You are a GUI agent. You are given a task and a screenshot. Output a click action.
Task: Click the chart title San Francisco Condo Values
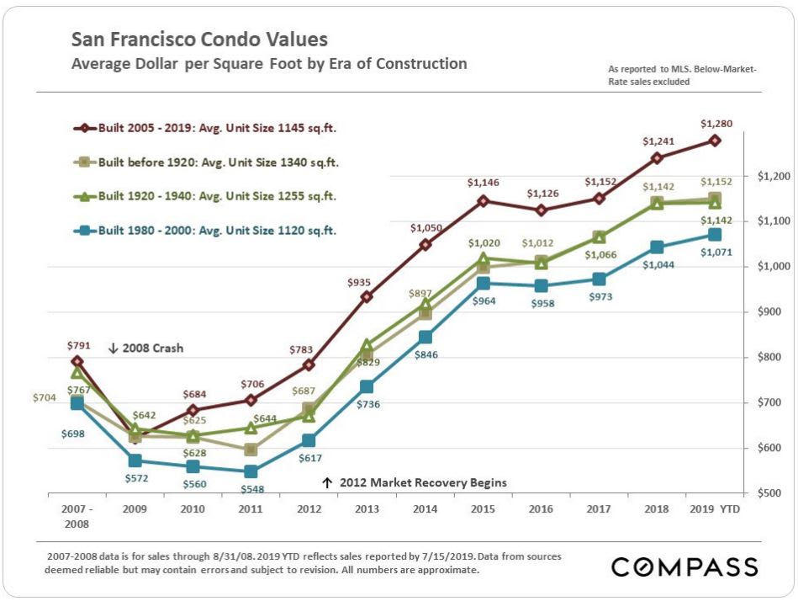click(199, 40)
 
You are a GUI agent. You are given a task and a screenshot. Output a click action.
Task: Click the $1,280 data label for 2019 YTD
click(716, 124)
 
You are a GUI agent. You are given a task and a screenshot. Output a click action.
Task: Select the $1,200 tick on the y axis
click(774, 177)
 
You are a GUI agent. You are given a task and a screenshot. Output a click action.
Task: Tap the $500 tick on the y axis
click(774, 493)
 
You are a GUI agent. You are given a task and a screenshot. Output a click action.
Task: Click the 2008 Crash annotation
click(145, 348)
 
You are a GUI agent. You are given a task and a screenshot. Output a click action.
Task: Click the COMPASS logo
click(684, 566)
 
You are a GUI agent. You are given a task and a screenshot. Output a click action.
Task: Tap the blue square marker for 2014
click(425, 337)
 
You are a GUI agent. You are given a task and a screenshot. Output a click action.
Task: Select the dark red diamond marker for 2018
click(657, 157)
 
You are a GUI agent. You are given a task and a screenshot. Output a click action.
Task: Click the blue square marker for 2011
click(251, 471)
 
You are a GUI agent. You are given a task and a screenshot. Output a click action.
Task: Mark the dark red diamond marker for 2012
click(309, 364)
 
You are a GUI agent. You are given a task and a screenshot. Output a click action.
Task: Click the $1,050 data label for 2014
click(425, 228)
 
